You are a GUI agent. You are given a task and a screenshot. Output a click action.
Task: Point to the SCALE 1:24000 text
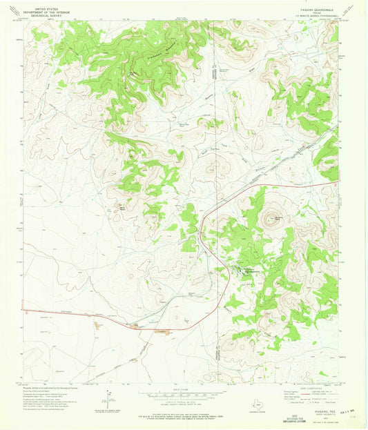183,391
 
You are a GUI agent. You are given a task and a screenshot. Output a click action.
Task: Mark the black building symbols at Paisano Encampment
242,270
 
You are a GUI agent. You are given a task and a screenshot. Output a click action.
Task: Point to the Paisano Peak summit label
279,219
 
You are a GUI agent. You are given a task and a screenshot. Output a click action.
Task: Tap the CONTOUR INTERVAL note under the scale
183,404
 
